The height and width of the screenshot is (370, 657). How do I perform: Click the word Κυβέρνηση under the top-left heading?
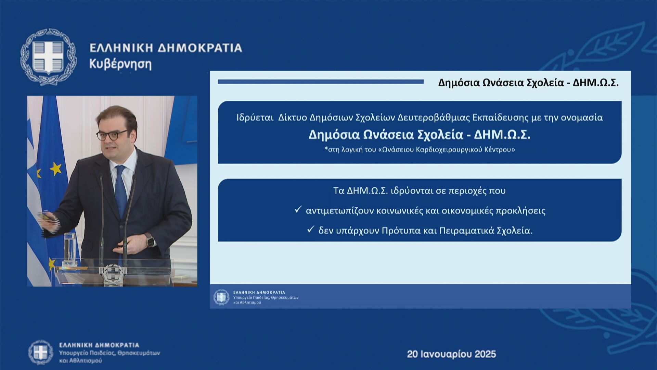pos(120,64)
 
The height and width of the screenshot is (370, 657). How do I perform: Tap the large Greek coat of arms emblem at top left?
pos(48,57)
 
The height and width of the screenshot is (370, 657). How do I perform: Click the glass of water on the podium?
pos(69,249)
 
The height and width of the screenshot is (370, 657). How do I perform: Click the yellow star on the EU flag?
pos(55,169)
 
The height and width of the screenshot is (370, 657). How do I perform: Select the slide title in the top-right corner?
pos(528,83)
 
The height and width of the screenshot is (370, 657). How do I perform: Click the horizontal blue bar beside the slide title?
pos(321,82)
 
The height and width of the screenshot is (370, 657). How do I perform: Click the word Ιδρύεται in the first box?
pos(255,118)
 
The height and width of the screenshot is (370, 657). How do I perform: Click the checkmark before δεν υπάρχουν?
pos(311,229)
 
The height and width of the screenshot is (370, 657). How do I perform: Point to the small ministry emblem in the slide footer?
pos(221,297)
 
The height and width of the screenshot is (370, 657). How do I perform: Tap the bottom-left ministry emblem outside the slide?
pos(41,352)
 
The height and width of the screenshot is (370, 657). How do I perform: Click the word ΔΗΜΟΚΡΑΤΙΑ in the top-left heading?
pos(200,48)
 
